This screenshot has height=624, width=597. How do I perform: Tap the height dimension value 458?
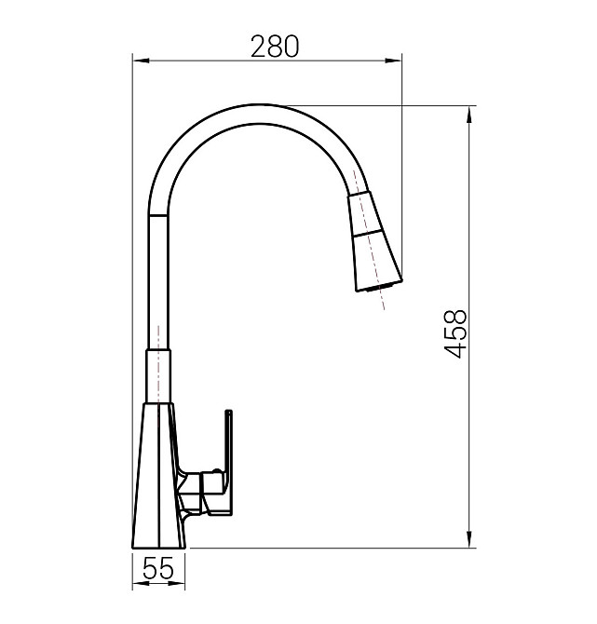[455, 333]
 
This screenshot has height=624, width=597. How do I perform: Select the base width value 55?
[159, 569]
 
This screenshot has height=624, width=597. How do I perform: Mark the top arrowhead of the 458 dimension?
[468, 113]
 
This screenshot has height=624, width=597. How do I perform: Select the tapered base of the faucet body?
[158, 475]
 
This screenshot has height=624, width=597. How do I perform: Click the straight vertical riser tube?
[159, 279]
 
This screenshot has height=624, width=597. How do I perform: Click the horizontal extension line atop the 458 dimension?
[373, 105]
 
